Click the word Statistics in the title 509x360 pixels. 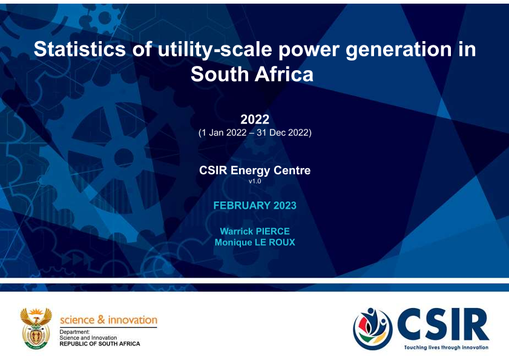click(x=79, y=49)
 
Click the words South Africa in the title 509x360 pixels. click(x=252, y=74)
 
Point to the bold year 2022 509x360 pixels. click(x=255, y=119)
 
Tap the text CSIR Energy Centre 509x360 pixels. click(x=255, y=171)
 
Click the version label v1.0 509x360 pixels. click(x=255, y=181)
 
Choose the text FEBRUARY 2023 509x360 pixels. click(x=255, y=206)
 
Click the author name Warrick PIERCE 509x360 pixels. click(x=255, y=231)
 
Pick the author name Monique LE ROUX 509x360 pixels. click(x=255, y=243)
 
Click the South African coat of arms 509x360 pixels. click(x=36, y=328)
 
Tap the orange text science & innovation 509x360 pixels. click(x=108, y=320)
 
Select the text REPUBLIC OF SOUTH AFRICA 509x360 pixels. click(x=100, y=344)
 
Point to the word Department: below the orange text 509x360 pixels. click(x=74, y=332)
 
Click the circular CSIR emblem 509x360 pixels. click(x=373, y=328)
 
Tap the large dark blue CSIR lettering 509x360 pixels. click(x=443, y=325)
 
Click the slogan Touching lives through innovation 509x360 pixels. click(x=446, y=347)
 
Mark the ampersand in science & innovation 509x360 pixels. click(x=101, y=319)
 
